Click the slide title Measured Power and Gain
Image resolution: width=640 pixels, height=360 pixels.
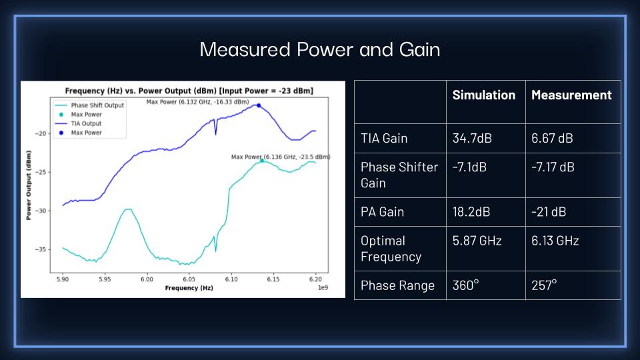[x=320, y=50]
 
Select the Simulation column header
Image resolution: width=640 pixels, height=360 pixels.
[x=483, y=95]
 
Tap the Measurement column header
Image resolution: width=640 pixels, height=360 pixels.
[x=571, y=95]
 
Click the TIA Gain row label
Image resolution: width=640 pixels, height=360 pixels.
[x=384, y=139]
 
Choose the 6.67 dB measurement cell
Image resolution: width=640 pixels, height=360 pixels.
[x=552, y=139]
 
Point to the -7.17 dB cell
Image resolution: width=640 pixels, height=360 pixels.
[x=553, y=167]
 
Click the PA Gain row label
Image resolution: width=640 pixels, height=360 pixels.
[x=382, y=212]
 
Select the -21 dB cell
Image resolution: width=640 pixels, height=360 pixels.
[x=548, y=212]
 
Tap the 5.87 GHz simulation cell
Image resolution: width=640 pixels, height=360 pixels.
[x=476, y=241]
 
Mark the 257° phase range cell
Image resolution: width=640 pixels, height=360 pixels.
[x=544, y=285]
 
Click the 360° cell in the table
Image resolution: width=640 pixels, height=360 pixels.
[x=465, y=285]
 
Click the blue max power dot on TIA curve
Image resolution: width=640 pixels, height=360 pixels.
[x=258, y=105]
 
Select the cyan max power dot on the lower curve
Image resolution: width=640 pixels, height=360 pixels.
[x=262, y=160]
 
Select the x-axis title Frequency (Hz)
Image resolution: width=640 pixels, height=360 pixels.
[x=189, y=289]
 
